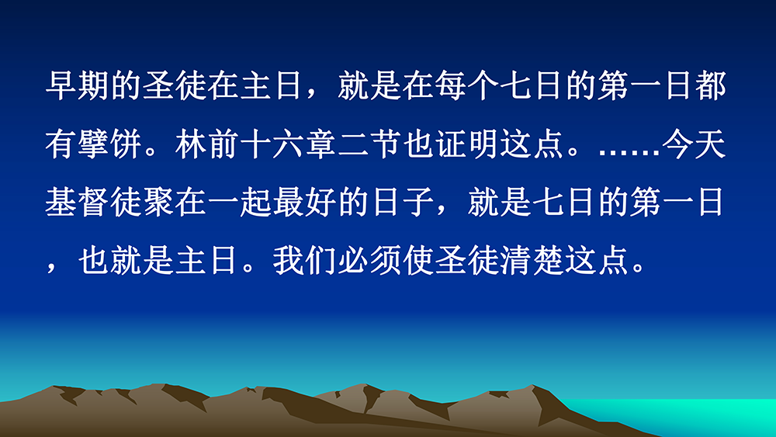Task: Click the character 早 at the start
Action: [61, 85]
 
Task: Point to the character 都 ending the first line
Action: [711, 85]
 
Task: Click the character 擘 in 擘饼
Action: [94, 144]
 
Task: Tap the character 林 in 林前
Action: [191, 144]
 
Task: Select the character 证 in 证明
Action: [451, 144]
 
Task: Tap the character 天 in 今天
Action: [711, 144]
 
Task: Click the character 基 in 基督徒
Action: [61, 203]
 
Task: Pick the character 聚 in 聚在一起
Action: [158, 203]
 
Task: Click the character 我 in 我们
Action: [289, 261]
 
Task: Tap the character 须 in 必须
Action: [386, 261]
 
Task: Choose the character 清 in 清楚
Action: [516, 261]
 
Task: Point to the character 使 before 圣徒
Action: [418, 261]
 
